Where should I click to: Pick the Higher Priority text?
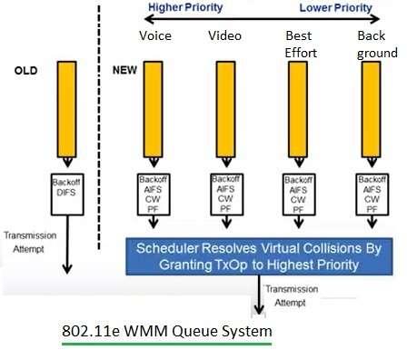(x=187, y=7)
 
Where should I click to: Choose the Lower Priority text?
(x=336, y=7)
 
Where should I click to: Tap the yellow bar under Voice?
(x=153, y=114)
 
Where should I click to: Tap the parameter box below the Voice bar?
(x=153, y=194)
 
